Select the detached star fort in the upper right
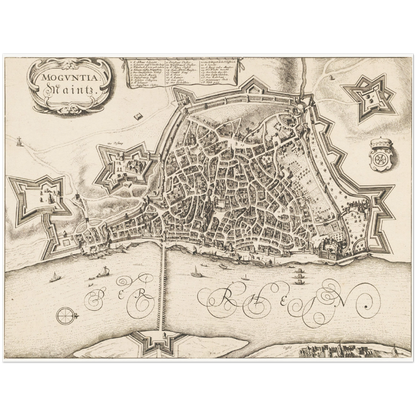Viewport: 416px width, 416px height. coord(365,98)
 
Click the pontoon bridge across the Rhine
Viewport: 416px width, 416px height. coord(164,290)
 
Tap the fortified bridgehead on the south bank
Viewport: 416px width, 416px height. coord(160,341)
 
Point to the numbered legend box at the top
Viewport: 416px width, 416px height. coord(180,74)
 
